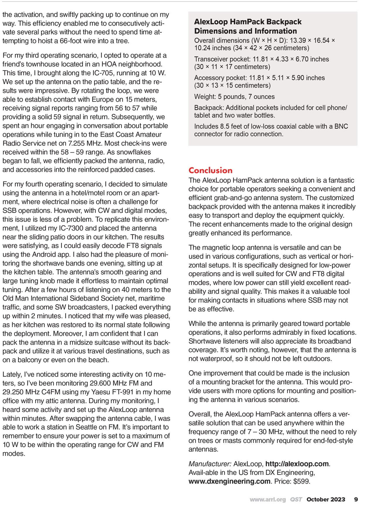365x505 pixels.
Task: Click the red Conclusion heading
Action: pos(210,170)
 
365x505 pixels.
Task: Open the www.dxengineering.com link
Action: pos(229,482)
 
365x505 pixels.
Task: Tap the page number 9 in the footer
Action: pos(356,499)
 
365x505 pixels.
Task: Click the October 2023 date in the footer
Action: pos(326,499)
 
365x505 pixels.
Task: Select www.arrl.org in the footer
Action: pos(267,499)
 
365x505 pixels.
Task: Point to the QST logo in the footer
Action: pos(296,499)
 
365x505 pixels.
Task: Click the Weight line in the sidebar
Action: pos(234,97)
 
